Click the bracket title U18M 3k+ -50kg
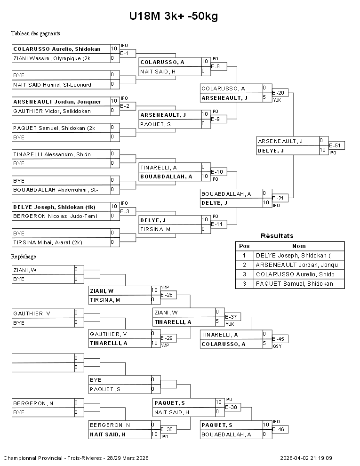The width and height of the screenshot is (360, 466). [x=173, y=16]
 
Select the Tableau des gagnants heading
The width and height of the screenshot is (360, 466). [x=35, y=33]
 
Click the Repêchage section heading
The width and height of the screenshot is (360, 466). [x=24, y=257]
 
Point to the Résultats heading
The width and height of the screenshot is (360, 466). [x=277, y=236]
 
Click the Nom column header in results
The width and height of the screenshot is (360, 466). [x=299, y=246]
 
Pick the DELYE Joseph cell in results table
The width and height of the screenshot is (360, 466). [x=299, y=256]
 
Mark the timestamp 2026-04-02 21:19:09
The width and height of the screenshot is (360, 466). [x=306, y=458]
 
